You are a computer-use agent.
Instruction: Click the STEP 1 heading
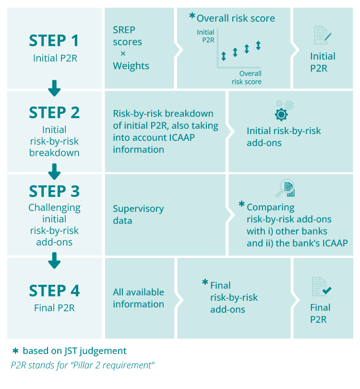[x=54, y=40]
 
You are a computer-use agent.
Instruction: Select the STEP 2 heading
[x=54, y=112]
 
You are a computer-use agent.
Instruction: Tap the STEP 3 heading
[x=54, y=191]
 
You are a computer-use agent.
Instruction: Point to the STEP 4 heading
[x=54, y=291]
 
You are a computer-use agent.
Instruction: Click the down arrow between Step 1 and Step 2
[x=54, y=88]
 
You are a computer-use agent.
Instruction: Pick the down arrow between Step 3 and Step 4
[x=54, y=260]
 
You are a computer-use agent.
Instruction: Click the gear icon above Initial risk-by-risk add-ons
[x=281, y=114]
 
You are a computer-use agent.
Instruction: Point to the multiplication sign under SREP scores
[x=123, y=54]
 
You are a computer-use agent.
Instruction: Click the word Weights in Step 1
[x=131, y=66]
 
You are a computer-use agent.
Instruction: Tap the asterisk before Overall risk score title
[x=192, y=16]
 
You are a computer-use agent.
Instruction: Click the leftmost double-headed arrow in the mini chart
[x=223, y=56]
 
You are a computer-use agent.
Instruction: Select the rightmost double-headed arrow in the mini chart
[x=258, y=46]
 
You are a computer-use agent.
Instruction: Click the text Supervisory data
[x=138, y=215]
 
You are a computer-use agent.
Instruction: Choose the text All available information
[x=138, y=298]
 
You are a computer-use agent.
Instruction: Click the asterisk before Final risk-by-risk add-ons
[x=205, y=282]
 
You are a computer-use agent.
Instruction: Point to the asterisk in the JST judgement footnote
[x=14, y=351]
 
